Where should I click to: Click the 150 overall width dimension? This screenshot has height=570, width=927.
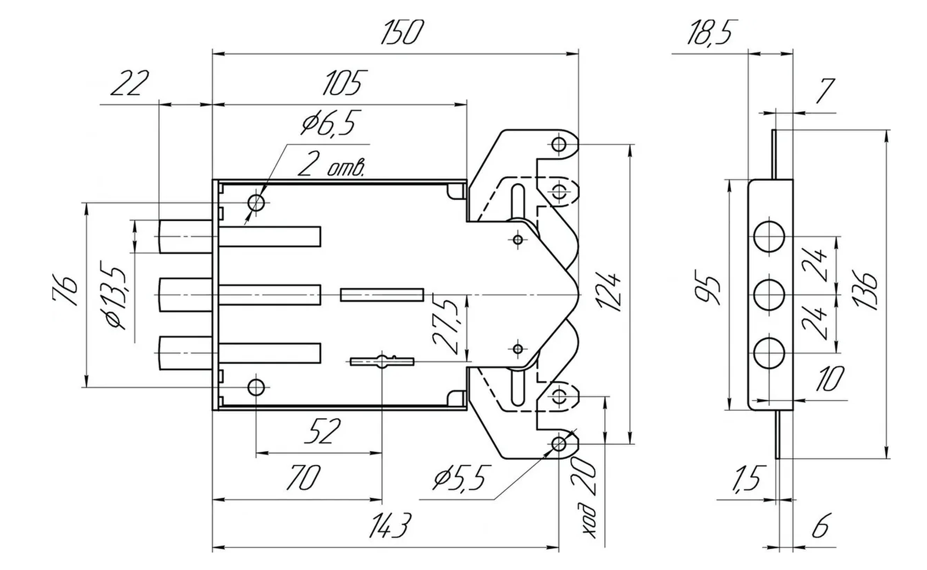pyautogui.click(x=402, y=32)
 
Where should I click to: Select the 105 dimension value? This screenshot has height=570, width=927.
pyautogui.click(x=344, y=83)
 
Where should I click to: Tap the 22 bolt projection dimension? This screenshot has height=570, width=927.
pyautogui.click(x=129, y=83)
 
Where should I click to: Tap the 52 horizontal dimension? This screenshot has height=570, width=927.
pyautogui.click(x=322, y=431)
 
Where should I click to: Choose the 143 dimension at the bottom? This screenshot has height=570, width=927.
pyautogui.click(x=389, y=526)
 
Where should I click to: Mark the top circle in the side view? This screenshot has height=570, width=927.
pyautogui.click(x=769, y=237)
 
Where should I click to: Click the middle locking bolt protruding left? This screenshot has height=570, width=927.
pyautogui.click(x=185, y=295)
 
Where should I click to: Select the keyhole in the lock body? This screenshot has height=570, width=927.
pyautogui.click(x=382, y=362)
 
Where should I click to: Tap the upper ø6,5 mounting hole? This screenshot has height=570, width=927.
pyautogui.click(x=256, y=203)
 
